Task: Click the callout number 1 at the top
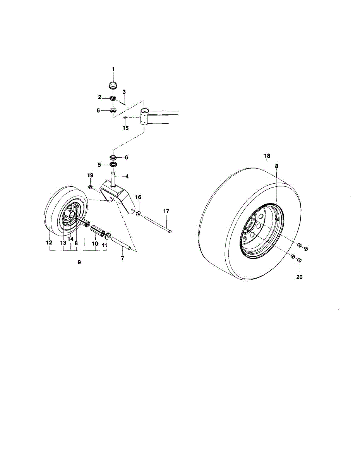[113, 69]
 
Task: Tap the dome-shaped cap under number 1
[113, 85]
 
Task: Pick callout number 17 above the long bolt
[166, 211]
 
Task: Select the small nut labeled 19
[90, 188]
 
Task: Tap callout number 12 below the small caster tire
[49, 243]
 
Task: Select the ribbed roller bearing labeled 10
[98, 231]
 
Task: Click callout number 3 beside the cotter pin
[124, 92]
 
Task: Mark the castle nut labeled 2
[113, 98]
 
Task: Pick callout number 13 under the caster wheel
[63, 243]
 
